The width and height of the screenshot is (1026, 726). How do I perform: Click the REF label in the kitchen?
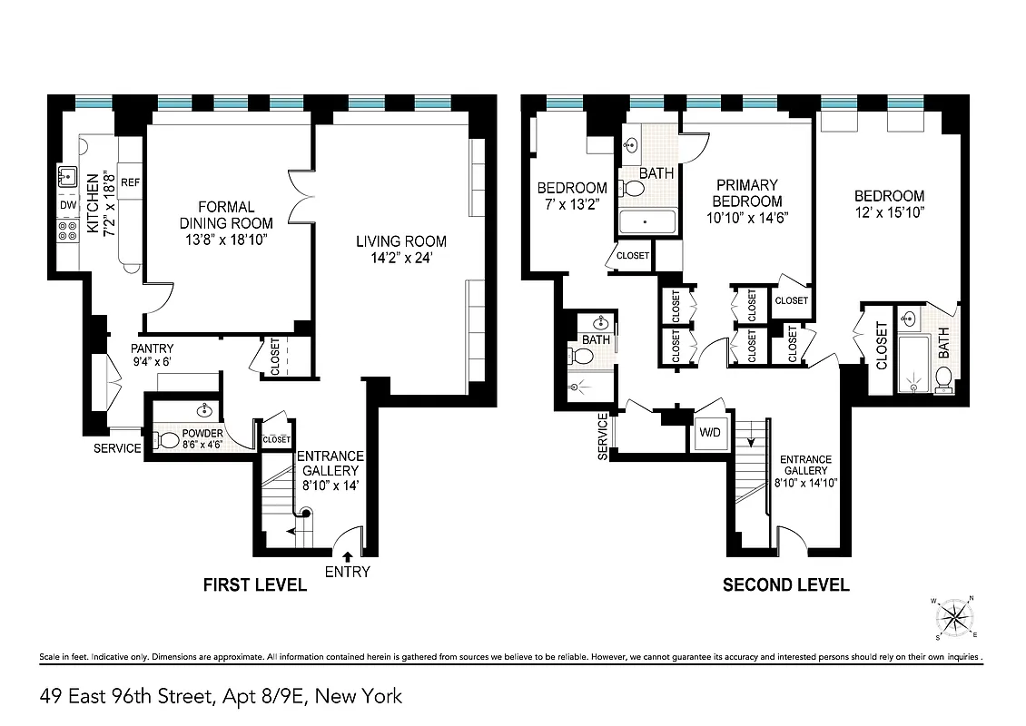130,180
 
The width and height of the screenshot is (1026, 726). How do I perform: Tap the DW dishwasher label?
68,205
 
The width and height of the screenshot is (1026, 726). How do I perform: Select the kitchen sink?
67,176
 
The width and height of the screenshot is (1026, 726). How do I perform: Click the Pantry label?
152,348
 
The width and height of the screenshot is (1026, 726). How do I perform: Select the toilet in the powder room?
167,441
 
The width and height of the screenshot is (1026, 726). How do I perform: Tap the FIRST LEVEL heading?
254,585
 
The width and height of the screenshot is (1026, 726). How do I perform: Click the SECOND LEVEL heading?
785,585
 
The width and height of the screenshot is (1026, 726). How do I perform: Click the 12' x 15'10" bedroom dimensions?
889,213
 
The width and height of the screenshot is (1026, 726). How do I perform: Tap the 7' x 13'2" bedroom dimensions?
571,204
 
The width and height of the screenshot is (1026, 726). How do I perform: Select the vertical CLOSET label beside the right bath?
882,346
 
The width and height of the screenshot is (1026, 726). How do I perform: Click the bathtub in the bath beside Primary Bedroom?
646,222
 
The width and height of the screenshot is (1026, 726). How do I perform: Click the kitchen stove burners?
67,235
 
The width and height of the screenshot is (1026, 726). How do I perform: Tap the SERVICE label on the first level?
118,448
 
